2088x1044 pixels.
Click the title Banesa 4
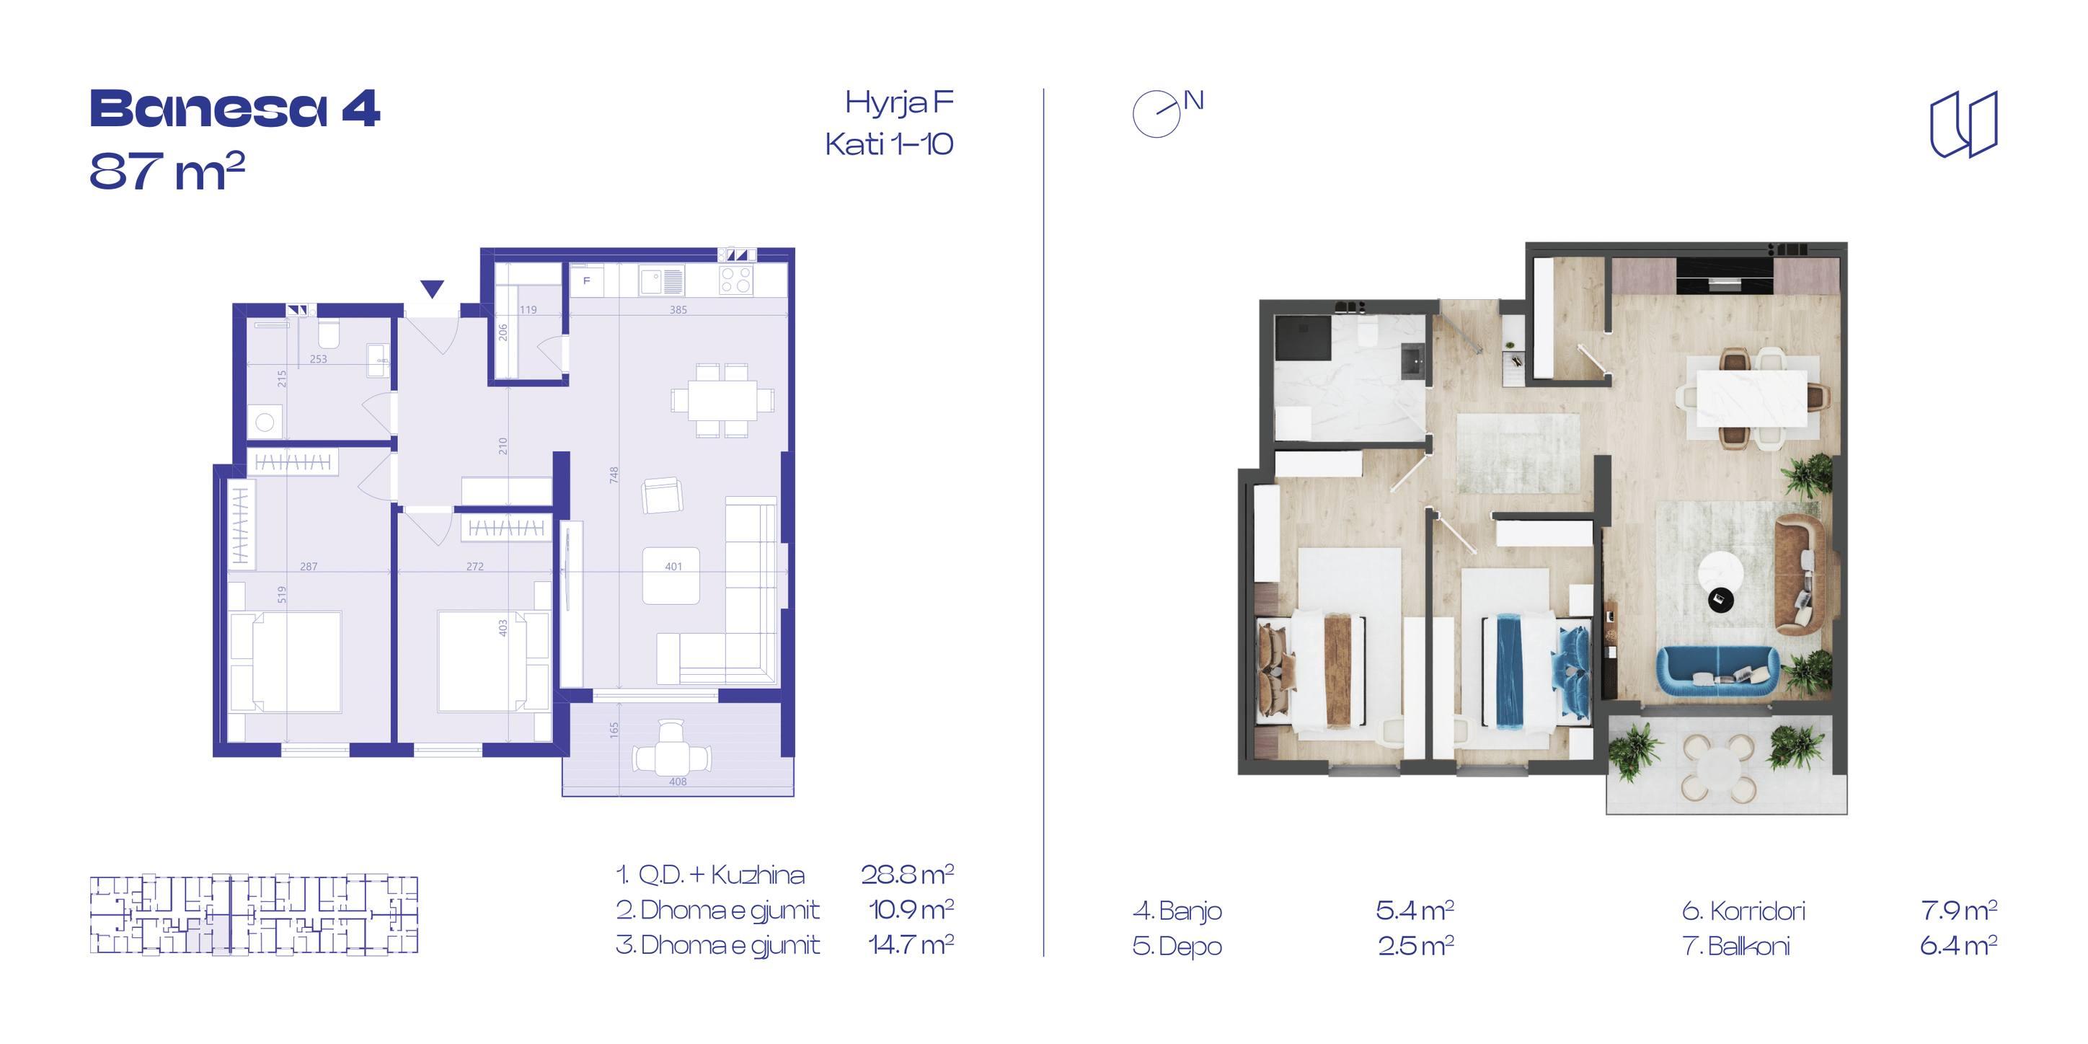(234, 110)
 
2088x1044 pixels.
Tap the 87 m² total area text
(167, 171)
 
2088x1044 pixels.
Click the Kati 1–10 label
(889, 144)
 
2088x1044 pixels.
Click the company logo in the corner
(1963, 124)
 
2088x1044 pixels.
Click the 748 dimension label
(614, 475)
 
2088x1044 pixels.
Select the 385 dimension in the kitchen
(678, 309)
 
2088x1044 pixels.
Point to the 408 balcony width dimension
(678, 782)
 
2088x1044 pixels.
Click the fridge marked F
(587, 281)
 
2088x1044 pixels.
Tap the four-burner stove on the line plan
(736, 280)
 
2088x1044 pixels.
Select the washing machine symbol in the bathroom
(264, 423)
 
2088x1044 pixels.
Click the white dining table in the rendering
(1751, 398)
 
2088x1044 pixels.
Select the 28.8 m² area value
(907, 874)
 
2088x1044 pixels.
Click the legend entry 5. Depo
(1177, 947)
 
